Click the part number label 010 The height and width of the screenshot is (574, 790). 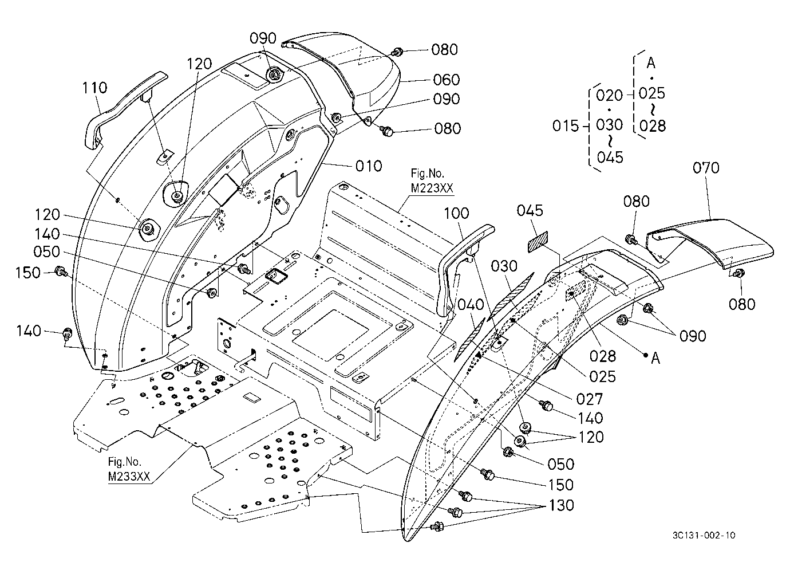(x=369, y=166)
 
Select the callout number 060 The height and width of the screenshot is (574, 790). (x=446, y=80)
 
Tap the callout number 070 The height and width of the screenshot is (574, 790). (x=706, y=168)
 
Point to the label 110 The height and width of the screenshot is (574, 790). (x=94, y=88)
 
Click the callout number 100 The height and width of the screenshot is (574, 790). (x=456, y=213)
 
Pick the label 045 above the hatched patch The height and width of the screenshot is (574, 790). (x=530, y=211)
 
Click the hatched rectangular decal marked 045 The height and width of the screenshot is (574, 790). (x=538, y=242)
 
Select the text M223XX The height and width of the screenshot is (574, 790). (x=432, y=188)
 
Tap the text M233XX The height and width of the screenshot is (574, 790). (x=129, y=477)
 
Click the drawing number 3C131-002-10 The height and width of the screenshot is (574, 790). (x=704, y=536)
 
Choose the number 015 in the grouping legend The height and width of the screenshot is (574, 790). (x=566, y=125)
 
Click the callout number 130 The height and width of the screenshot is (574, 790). (x=561, y=505)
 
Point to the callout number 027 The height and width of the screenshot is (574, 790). (x=589, y=399)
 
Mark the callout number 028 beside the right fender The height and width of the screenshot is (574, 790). (x=603, y=356)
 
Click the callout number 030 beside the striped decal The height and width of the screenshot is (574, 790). (x=504, y=266)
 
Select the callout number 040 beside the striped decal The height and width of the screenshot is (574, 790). (x=471, y=304)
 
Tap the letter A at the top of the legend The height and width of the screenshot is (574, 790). (x=651, y=63)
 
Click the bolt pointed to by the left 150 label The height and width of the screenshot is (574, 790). (x=60, y=272)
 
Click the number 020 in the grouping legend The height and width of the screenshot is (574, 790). (x=610, y=95)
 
